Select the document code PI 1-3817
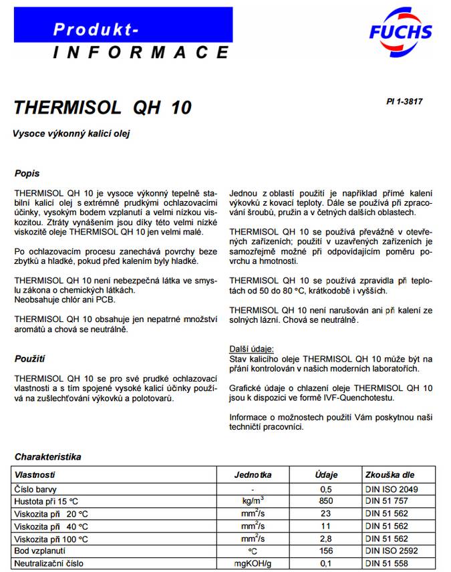coord(404,102)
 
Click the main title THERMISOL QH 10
coord(102,108)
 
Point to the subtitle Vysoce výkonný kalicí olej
coord(71,134)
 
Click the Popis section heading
coord(27,174)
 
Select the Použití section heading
coord(29,359)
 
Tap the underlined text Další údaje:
coord(251,349)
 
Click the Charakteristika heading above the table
coord(47,457)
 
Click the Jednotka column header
coord(253,475)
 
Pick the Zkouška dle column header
coord(390,475)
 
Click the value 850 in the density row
coord(326,501)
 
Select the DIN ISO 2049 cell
coord(392,489)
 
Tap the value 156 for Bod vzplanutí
coord(326,551)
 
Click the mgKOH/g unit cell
coord(253,564)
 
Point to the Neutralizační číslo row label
coord(50,564)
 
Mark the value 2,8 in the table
coord(326,539)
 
